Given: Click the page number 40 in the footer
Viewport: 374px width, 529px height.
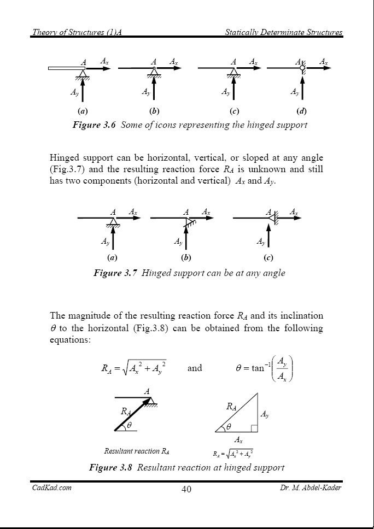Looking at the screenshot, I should point(186,489).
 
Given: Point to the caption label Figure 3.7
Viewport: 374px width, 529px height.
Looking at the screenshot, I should point(115,273).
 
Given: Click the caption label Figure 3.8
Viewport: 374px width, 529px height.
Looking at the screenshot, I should point(111,468).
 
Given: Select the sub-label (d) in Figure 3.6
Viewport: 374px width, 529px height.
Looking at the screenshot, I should point(301,111).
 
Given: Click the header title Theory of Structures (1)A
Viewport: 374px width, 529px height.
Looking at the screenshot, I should point(77,32).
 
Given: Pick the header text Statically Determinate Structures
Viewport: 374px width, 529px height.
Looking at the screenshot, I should point(284,32).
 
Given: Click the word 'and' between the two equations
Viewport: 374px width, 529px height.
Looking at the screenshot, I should point(195,368).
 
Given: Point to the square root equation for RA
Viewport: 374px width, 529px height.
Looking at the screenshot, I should point(134,368).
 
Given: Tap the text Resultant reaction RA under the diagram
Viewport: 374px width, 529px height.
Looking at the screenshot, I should point(136,451).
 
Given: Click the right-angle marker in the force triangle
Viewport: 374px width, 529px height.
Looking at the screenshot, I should point(253,428).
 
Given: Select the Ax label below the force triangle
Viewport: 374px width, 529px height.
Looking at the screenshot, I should point(238,439).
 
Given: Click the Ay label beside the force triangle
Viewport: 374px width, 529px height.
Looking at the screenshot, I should point(264,415).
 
